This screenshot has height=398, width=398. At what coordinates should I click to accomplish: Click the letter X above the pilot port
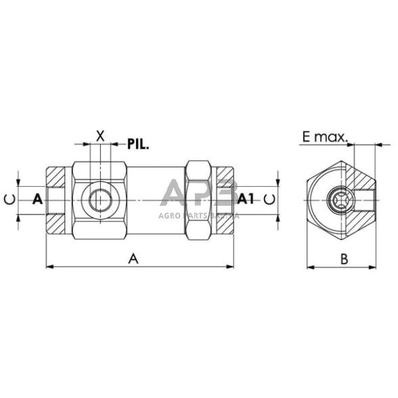point(101,134)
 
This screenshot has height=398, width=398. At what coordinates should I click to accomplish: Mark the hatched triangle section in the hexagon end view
point(362,177)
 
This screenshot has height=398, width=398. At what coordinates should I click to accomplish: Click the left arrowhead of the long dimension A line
point(49,267)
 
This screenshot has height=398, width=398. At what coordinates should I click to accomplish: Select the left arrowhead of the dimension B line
point(310,267)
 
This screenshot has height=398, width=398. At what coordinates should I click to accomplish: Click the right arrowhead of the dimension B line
point(373,267)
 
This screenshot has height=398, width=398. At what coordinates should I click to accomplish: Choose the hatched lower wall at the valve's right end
point(225,221)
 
